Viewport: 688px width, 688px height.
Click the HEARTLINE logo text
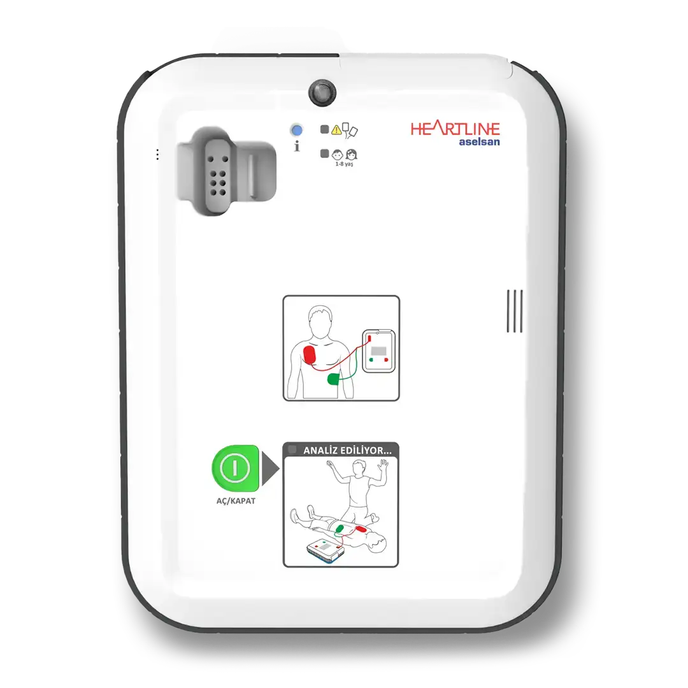click(x=455, y=129)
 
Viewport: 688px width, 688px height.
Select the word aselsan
click(x=479, y=142)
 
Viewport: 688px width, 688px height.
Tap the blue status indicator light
click(x=296, y=131)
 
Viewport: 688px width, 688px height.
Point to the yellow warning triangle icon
click(x=336, y=131)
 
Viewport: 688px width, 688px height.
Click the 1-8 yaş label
click(x=345, y=164)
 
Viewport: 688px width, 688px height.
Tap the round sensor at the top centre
click(x=322, y=92)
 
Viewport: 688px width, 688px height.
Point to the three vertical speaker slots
click(x=515, y=311)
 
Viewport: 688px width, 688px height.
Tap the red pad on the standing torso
click(x=311, y=355)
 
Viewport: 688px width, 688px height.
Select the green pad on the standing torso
click(x=334, y=379)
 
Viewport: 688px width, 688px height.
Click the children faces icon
click(x=345, y=154)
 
